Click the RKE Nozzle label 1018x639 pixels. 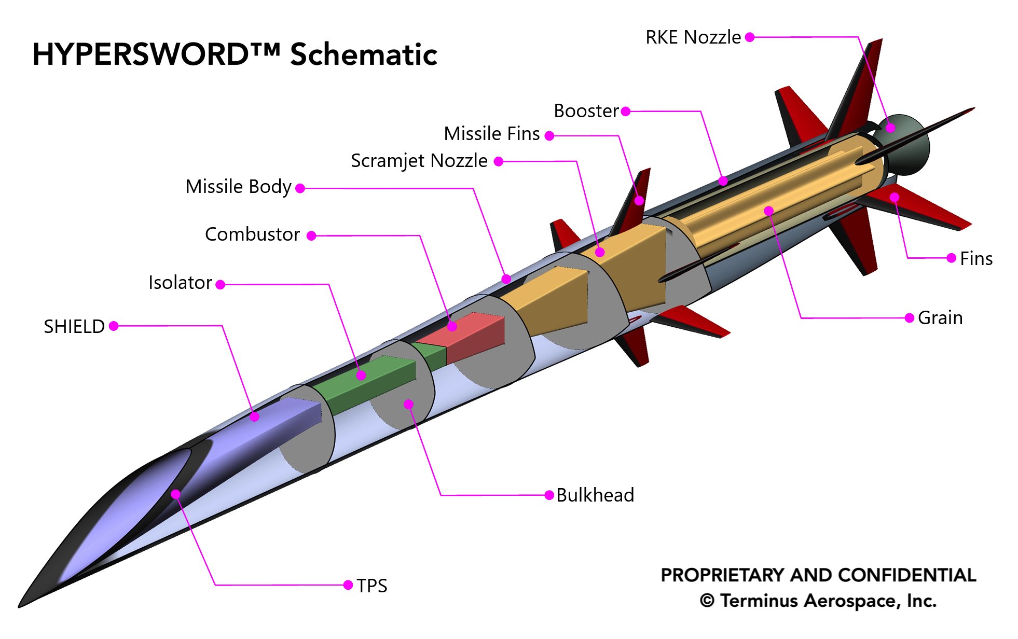tap(693, 37)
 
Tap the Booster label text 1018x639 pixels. tap(586, 111)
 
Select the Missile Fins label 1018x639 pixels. tap(491, 134)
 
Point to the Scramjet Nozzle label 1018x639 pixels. tap(419, 161)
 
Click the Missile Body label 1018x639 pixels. tap(238, 187)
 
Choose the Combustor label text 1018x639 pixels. tap(252, 234)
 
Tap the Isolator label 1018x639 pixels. tap(180, 283)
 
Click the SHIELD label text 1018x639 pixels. tap(74, 327)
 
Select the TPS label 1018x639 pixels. tap(372, 586)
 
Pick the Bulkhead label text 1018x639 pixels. tap(595, 495)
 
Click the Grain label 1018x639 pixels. tap(940, 318)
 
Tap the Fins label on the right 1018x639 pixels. tap(976, 259)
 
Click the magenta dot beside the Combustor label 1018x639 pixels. tap(311, 236)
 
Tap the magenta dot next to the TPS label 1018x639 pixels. tap(348, 585)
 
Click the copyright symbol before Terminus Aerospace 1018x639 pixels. tap(707, 601)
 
